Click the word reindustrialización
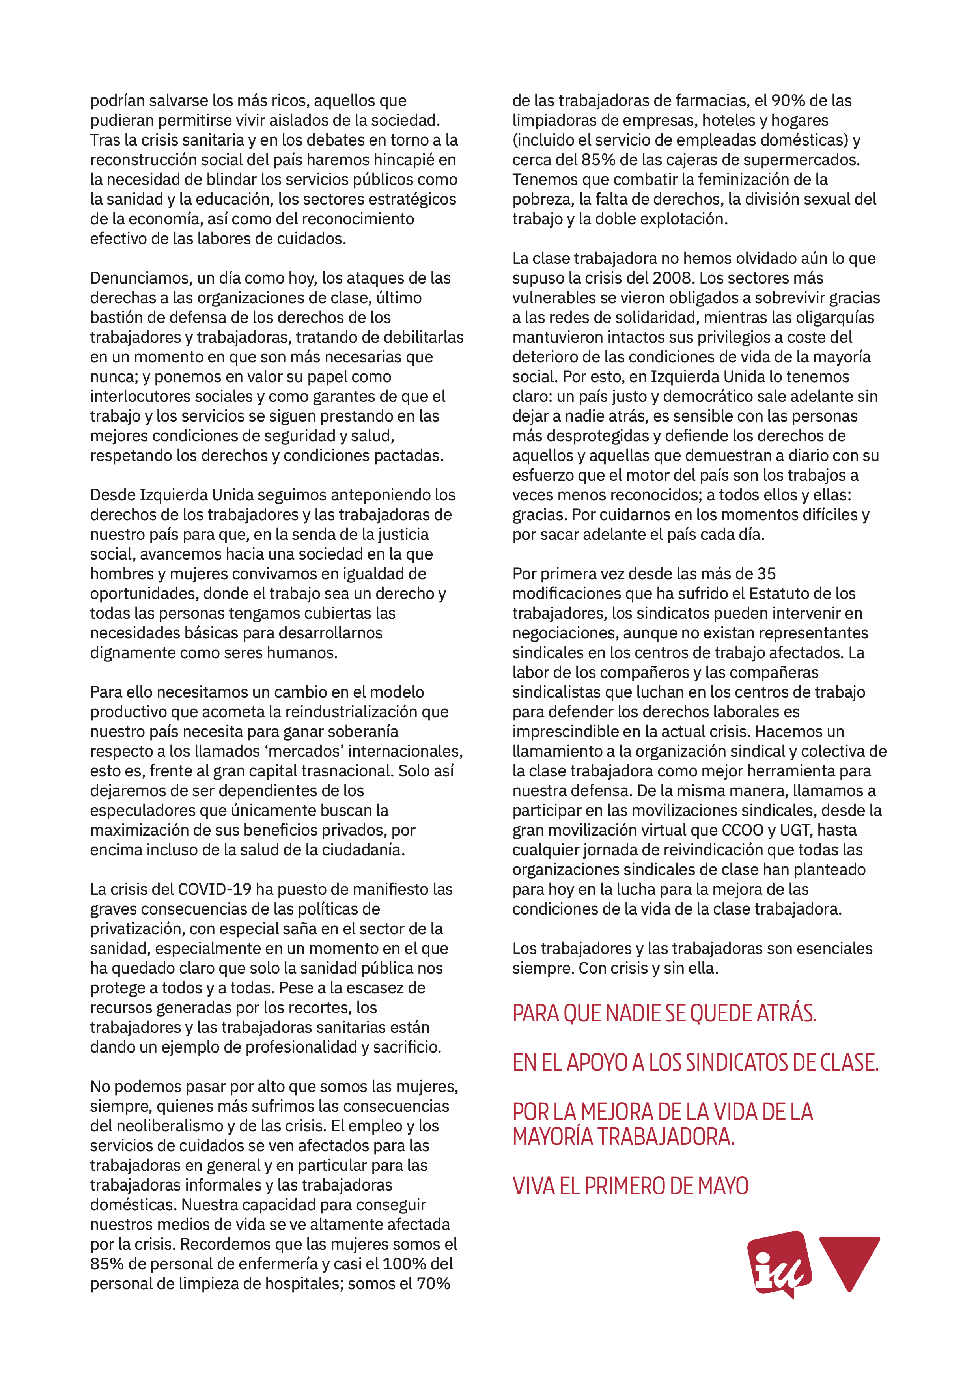(x=351, y=711)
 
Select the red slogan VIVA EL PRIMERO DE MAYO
(x=630, y=1186)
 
